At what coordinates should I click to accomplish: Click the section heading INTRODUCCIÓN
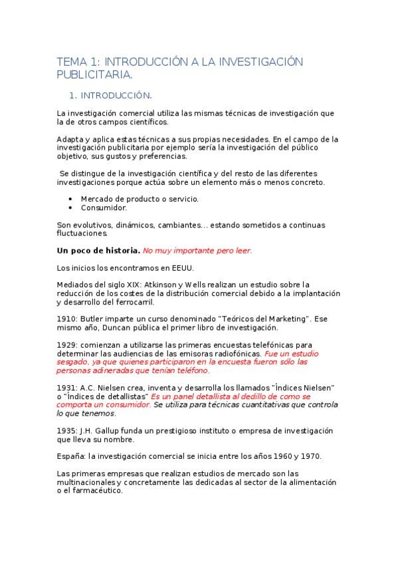(121, 95)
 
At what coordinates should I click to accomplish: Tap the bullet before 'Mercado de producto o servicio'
(71, 199)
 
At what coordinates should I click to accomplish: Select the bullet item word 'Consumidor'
(104, 208)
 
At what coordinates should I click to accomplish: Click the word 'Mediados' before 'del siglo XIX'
(75, 285)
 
